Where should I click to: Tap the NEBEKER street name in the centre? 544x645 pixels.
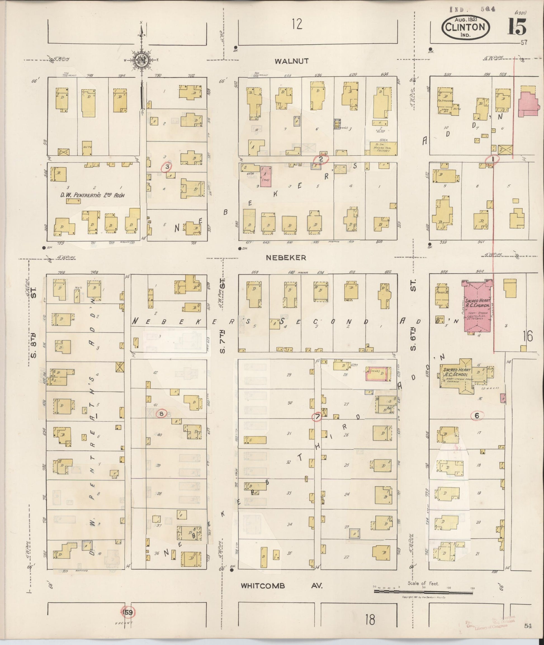coord(286,258)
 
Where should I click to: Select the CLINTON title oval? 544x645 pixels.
coord(465,27)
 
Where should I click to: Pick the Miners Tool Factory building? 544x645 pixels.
coord(383,148)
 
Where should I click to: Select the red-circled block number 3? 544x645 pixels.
coord(167,167)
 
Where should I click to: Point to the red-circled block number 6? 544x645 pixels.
coord(477,416)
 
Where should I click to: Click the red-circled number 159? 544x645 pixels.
coord(128,612)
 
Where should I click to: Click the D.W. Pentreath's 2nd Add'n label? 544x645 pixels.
coord(93,195)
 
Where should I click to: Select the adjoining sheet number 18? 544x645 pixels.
coord(370,619)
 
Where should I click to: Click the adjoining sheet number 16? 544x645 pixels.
coord(528,336)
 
